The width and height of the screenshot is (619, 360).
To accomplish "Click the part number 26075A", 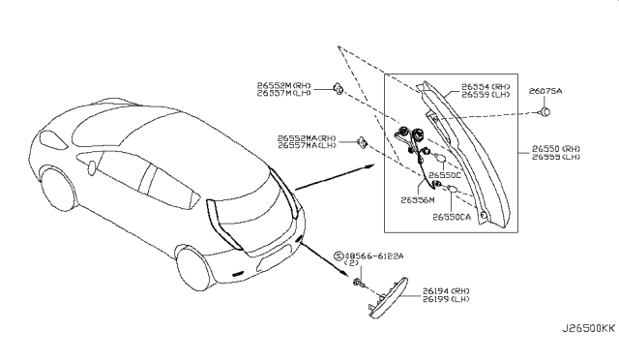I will click(545, 90).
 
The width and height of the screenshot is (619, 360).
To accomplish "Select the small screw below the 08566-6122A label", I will click(358, 284).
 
